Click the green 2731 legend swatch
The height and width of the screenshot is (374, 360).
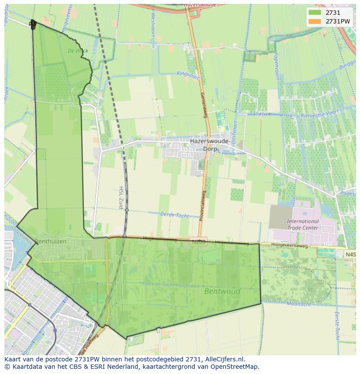314,13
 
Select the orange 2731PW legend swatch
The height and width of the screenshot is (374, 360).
314,21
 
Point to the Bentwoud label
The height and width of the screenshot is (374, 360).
222,291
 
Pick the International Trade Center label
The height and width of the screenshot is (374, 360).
303,224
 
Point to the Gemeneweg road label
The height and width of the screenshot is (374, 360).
203,105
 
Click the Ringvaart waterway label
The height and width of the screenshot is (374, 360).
187,73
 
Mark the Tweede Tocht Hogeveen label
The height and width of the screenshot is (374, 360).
171,285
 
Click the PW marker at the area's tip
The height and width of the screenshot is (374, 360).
33,24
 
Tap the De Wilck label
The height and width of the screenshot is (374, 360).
78,51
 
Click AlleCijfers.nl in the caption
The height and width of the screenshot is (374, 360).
225,359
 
